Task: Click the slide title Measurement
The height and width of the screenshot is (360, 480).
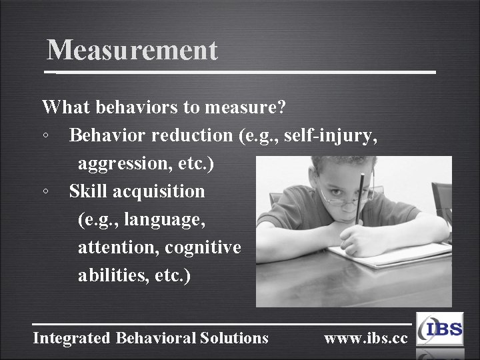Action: [x=132, y=50]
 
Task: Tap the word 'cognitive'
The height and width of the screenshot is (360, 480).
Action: [x=203, y=247]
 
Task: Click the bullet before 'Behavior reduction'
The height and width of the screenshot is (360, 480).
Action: [x=44, y=136]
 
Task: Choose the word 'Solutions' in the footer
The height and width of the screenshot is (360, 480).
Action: [x=234, y=338]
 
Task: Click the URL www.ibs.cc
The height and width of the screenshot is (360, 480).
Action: [x=365, y=338]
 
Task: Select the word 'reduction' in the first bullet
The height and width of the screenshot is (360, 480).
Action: [x=193, y=135]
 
